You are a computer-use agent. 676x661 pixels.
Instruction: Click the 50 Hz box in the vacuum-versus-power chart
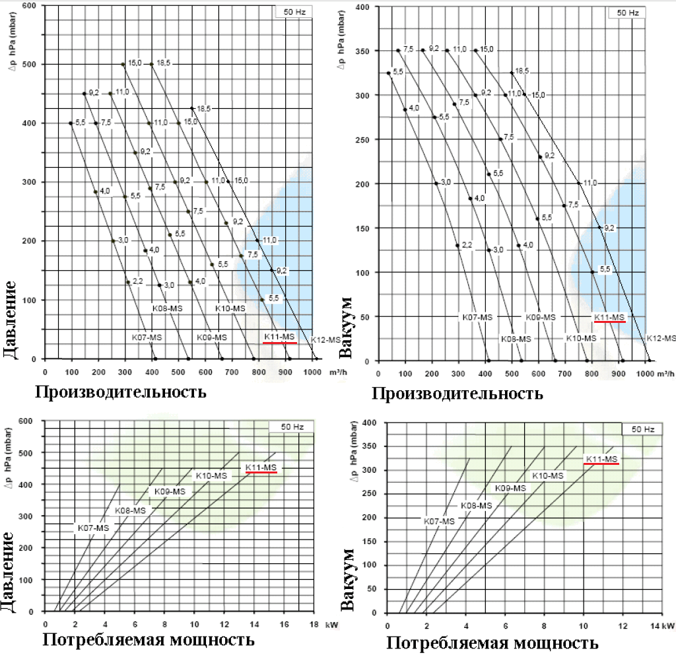642,429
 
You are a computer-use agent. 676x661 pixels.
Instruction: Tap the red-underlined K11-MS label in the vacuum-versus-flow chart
609,318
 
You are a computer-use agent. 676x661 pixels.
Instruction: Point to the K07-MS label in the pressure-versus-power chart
93,528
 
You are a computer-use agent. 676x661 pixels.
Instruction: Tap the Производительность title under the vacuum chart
457,394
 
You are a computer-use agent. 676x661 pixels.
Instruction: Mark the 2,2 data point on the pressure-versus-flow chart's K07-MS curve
128,283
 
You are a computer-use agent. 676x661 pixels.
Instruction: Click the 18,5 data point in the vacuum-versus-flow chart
512,73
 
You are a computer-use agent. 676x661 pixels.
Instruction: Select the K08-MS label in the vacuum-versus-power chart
476,505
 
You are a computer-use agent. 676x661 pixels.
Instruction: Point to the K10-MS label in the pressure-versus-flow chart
230,308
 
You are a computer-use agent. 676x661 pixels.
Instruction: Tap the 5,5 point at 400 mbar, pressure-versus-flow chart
71,123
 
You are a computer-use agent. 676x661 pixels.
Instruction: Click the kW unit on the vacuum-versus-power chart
669,625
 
